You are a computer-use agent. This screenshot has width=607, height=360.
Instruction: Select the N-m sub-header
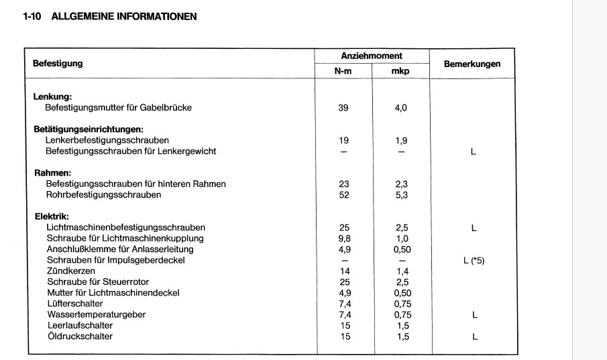pos(344,70)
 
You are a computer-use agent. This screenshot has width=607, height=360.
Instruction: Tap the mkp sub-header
pos(400,70)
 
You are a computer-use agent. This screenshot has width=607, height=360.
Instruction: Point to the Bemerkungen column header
pos(472,64)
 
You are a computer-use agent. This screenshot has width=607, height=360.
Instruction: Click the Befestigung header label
pos(58,64)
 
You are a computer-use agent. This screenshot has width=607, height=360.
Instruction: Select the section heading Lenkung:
pos(52,97)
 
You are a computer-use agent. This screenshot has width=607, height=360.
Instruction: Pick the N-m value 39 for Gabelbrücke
pos(344,108)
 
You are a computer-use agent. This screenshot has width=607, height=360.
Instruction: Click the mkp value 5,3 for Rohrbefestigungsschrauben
pos(400,195)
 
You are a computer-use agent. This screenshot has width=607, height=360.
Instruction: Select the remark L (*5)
pos(473,260)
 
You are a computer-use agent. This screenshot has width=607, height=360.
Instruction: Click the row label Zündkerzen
pos(66,271)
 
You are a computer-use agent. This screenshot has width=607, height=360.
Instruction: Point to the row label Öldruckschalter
pos(79,336)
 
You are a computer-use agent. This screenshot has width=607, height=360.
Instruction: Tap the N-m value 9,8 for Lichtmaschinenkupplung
pos(344,239)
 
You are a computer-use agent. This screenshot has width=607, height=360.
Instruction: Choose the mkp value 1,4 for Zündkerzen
pos(400,271)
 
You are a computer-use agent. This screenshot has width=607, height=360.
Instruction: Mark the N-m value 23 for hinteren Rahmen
pos(344,184)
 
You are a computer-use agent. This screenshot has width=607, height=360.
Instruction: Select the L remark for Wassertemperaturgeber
pos(473,314)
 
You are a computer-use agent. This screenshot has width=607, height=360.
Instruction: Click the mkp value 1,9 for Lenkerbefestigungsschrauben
pos(400,141)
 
